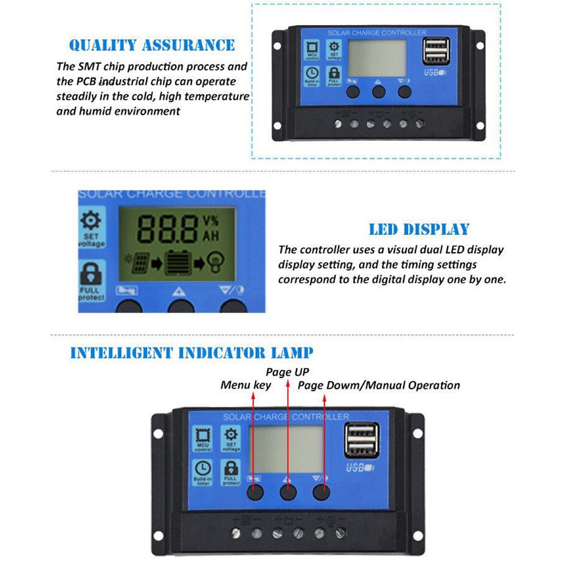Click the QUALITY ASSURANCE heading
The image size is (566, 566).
[152, 45]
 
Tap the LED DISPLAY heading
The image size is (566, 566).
[419, 229]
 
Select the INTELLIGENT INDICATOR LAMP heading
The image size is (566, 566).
[191, 353]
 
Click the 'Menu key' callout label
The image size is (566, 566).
[246, 385]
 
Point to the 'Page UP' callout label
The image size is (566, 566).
[288, 372]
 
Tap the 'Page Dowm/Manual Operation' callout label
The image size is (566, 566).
[379, 385]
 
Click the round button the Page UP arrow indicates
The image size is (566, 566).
[288, 492]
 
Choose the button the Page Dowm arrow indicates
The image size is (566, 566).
[321, 492]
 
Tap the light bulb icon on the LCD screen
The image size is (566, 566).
[216, 263]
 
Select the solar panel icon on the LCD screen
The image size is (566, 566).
[140, 263]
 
